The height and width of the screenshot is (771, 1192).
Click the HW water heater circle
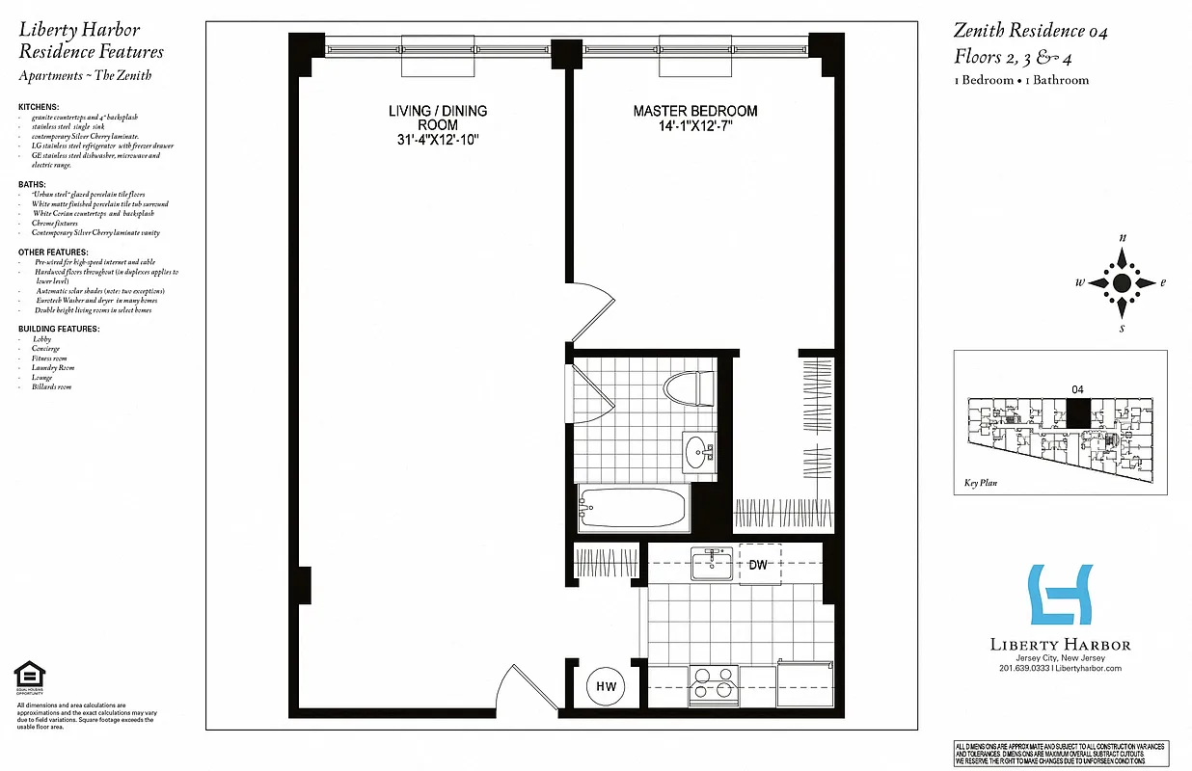[606, 686]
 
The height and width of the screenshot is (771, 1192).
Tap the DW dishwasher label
[758, 565]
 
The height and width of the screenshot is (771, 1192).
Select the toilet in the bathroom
[686, 387]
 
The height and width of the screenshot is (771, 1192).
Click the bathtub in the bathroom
[634, 507]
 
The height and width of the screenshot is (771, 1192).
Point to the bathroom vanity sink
[697, 450]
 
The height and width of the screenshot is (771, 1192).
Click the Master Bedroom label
[694, 112]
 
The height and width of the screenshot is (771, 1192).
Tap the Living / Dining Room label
[437, 118]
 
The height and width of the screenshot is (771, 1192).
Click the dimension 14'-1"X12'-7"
[694, 127]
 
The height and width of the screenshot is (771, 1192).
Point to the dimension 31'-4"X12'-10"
[437, 141]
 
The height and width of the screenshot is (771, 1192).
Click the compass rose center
[1122, 283]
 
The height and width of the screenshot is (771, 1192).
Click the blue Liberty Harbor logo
[1060, 595]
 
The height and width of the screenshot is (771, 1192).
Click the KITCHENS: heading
[39, 107]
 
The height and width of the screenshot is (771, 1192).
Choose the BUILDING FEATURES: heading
[58, 330]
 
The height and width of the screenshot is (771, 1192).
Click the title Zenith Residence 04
[1030, 32]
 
